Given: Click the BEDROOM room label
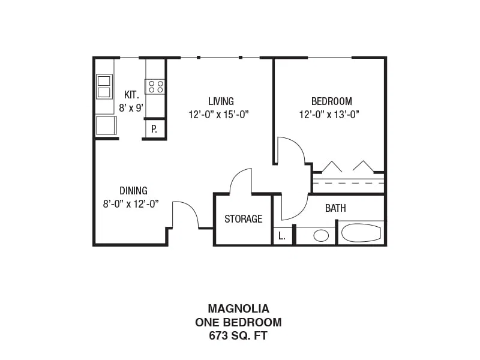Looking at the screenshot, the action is [x=332, y=101].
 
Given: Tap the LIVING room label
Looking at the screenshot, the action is [x=221, y=101].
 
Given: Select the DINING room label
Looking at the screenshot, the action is [x=133, y=191].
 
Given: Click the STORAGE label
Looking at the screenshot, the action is [x=244, y=219].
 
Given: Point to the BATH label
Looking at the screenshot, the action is [x=335, y=208].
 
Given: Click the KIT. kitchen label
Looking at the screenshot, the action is [x=131, y=95].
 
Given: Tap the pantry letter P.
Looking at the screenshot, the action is [x=154, y=129].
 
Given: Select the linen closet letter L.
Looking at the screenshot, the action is [x=281, y=236].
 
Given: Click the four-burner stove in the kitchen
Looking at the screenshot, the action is [x=155, y=86].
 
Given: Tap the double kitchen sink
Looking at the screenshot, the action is [x=104, y=86].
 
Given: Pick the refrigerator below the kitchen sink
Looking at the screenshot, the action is [x=106, y=125].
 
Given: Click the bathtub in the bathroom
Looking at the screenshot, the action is [x=361, y=233].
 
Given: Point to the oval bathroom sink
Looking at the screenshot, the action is [x=321, y=236].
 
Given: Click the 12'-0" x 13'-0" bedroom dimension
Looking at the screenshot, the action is [x=329, y=115].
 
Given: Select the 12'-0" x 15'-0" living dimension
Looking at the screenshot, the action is [x=218, y=115].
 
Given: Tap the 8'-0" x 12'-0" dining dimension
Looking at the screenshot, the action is [x=131, y=204].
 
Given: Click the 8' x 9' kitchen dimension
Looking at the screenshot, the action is [x=131, y=108].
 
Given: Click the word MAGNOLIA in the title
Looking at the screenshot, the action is [x=238, y=308].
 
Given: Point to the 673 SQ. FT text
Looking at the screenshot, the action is [x=238, y=336].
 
